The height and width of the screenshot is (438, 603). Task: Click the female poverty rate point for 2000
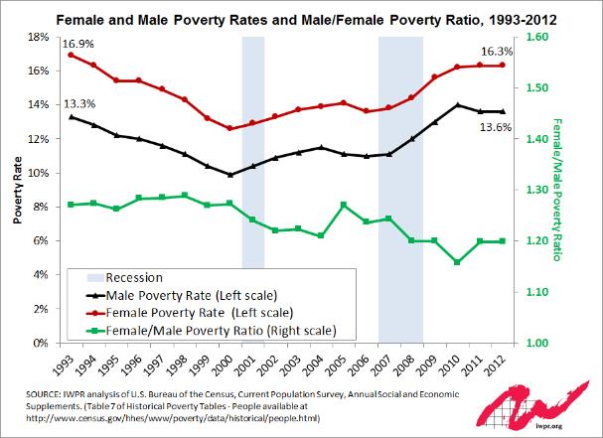[x=229, y=128]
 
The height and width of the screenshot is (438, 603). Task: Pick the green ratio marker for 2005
[x=343, y=205]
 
